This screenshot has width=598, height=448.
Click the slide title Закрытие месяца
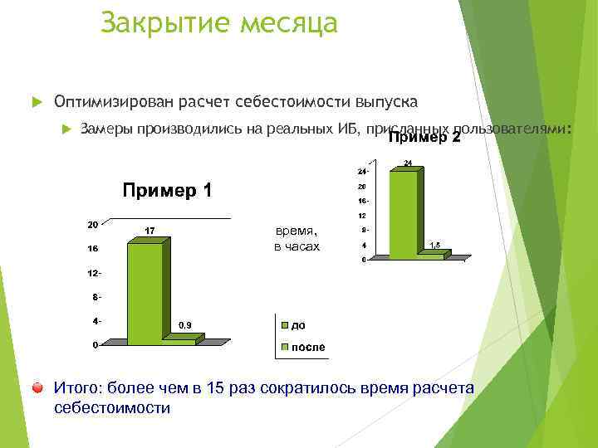pyautogui.click(x=218, y=22)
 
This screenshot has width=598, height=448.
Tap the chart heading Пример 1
pyautogui.click(x=168, y=191)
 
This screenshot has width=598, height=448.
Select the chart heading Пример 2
pyautogui.click(x=424, y=138)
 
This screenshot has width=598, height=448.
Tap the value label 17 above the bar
pyautogui.click(x=147, y=230)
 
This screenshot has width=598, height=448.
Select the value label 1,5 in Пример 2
pyautogui.click(x=434, y=244)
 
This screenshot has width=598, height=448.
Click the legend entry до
pyautogui.click(x=297, y=325)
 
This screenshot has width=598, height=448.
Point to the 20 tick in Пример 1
pyautogui.click(x=93, y=224)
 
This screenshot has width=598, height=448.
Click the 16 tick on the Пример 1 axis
pyautogui.click(x=93, y=248)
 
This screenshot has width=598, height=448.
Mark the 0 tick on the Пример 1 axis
pyautogui.click(x=96, y=344)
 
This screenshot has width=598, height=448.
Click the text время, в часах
pyautogui.click(x=297, y=239)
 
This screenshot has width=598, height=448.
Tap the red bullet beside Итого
pyautogui.click(x=38, y=387)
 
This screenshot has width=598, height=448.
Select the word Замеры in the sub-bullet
pyautogui.click(x=106, y=129)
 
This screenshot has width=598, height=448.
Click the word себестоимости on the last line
pyautogui.click(x=111, y=407)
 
